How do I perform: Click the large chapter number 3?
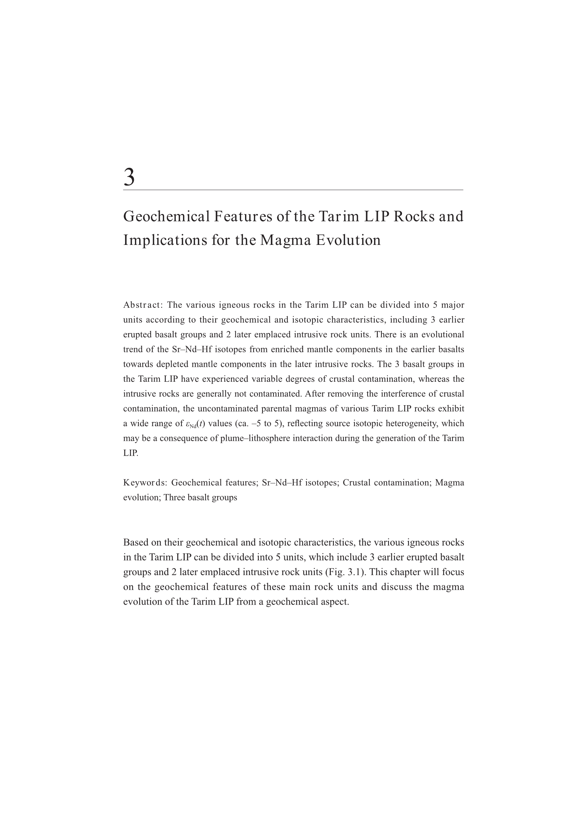pyautogui.click(x=129, y=177)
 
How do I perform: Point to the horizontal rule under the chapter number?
pyautogui.click(x=293, y=190)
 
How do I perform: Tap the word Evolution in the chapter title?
pyautogui.click(x=348, y=240)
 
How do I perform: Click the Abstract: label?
pyautogui.click(x=143, y=305)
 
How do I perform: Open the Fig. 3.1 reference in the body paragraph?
pyautogui.click(x=344, y=572)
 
